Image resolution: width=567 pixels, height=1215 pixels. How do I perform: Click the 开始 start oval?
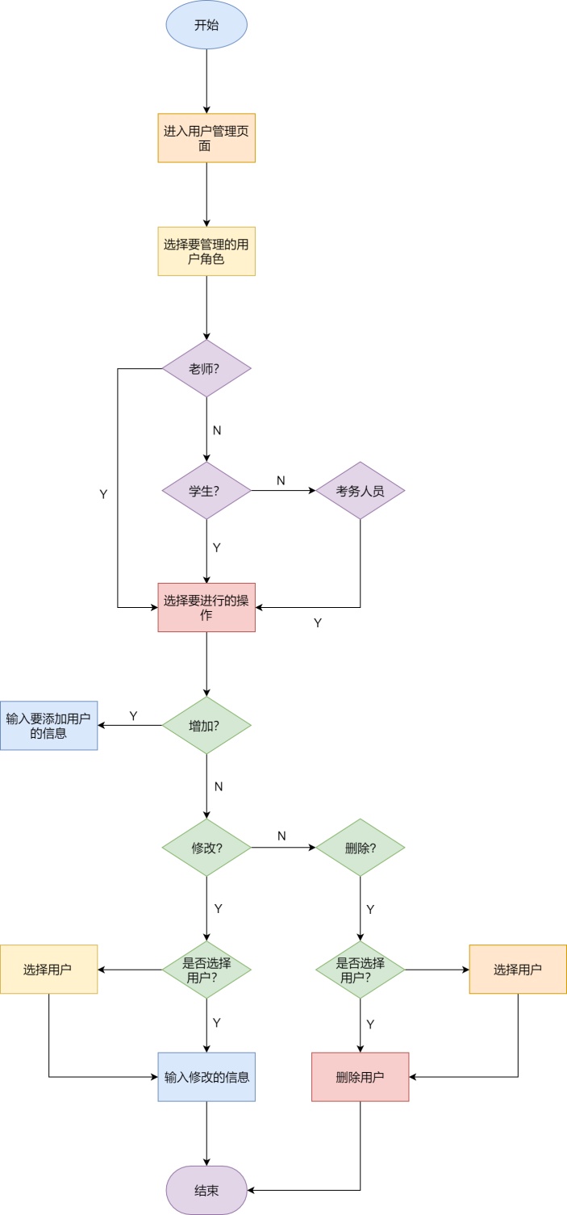(206, 25)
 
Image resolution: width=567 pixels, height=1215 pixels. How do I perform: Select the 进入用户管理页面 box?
(206, 138)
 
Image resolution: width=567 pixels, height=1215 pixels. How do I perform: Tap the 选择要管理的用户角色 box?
(206, 251)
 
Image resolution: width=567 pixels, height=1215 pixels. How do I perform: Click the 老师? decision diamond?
(206, 368)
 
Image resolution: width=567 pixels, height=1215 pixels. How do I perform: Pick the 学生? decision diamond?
(206, 490)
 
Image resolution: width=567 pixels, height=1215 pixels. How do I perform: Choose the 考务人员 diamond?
(360, 490)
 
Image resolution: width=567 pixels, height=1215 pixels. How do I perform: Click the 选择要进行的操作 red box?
(206, 607)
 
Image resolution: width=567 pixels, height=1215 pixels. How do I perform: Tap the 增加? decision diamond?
(206, 725)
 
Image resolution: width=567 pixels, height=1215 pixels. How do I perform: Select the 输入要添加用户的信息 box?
(48, 725)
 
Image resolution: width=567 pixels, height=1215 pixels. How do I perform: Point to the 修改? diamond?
(206, 848)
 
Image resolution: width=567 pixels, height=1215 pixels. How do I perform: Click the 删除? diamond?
(360, 848)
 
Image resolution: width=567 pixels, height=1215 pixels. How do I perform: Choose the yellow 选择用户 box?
(48, 969)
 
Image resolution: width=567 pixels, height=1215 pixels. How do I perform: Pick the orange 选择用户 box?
(518, 969)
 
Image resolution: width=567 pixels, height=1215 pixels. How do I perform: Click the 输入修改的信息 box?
(206, 1077)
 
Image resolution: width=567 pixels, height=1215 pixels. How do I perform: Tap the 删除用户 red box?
(360, 1077)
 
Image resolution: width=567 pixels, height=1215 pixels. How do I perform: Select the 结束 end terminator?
(206, 1190)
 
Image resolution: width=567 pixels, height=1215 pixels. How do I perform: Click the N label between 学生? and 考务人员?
(281, 480)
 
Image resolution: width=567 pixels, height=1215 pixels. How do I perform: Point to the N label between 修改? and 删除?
(281, 836)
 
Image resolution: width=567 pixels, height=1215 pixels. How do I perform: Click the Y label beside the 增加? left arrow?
(133, 715)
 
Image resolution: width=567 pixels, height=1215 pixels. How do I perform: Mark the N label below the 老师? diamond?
(217, 430)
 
